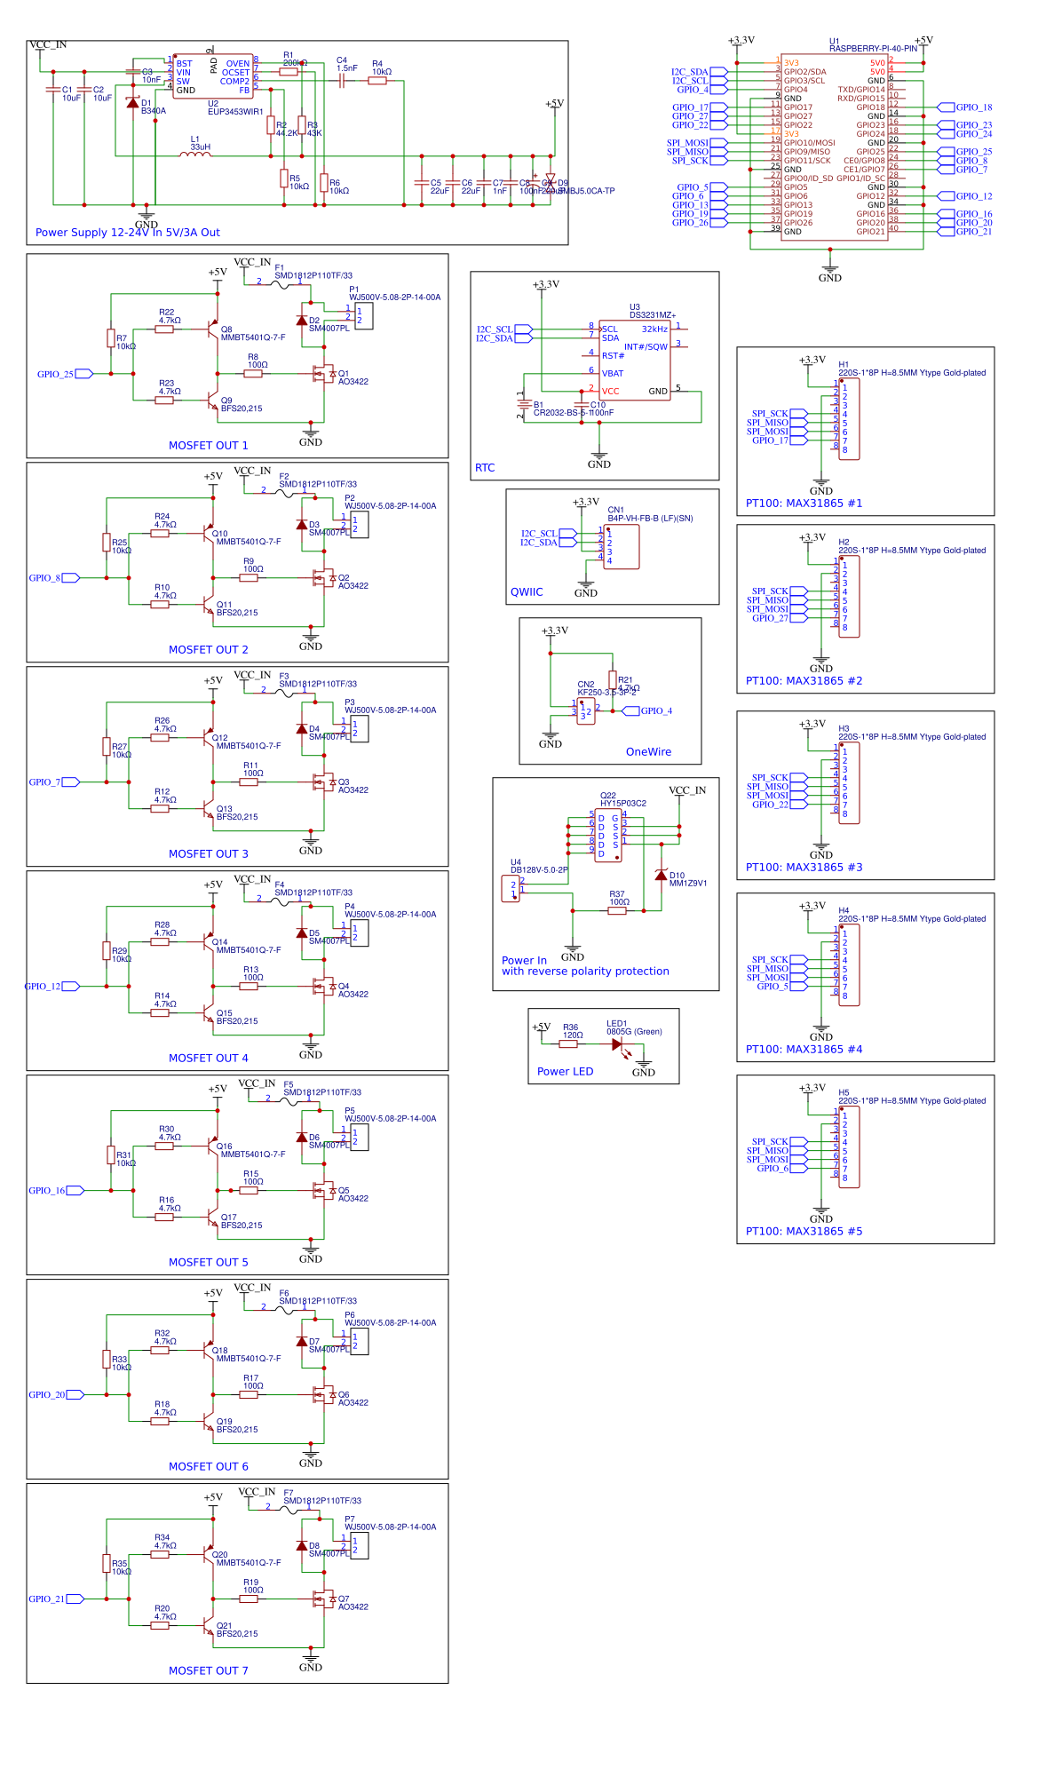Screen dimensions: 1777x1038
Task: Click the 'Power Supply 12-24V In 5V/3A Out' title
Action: (128, 233)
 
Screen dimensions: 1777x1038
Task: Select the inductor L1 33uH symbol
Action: (195, 155)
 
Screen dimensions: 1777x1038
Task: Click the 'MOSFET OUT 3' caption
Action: (209, 854)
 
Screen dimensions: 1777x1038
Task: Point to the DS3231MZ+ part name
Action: (653, 315)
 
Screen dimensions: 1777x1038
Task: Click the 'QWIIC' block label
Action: (527, 592)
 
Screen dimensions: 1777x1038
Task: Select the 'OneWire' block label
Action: (648, 752)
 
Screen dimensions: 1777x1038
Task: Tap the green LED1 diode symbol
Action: (618, 1044)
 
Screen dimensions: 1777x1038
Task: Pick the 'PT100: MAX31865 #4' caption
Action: (804, 1050)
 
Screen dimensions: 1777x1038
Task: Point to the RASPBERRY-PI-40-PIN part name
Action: (873, 49)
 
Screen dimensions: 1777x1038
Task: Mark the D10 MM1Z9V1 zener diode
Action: (661, 875)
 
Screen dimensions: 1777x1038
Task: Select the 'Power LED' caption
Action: (565, 1072)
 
